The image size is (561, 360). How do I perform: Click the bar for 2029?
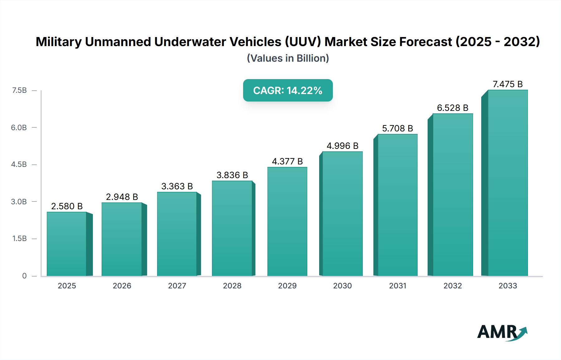[287, 221]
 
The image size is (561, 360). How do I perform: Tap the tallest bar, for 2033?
[507, 183]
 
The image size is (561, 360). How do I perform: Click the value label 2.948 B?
[122, 197]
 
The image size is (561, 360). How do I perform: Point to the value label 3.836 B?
[232, 175]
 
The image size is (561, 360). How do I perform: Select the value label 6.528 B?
[453, 108]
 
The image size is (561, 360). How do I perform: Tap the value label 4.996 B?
[343, 146]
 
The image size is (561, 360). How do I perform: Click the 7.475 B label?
[507, 84]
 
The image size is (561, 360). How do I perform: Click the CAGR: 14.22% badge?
[288, 90]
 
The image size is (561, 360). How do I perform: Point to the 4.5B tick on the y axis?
[19, 164]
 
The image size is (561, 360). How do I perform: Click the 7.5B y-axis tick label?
[19, 90]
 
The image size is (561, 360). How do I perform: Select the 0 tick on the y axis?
[24, 276]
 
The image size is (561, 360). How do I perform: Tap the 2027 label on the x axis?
[177, 286]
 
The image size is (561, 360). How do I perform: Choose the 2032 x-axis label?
[453, 286]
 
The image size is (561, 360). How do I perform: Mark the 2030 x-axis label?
[343, 286]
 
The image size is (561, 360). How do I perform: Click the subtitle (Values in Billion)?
[288, 58]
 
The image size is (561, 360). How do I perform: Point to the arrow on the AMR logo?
[522, 333]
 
